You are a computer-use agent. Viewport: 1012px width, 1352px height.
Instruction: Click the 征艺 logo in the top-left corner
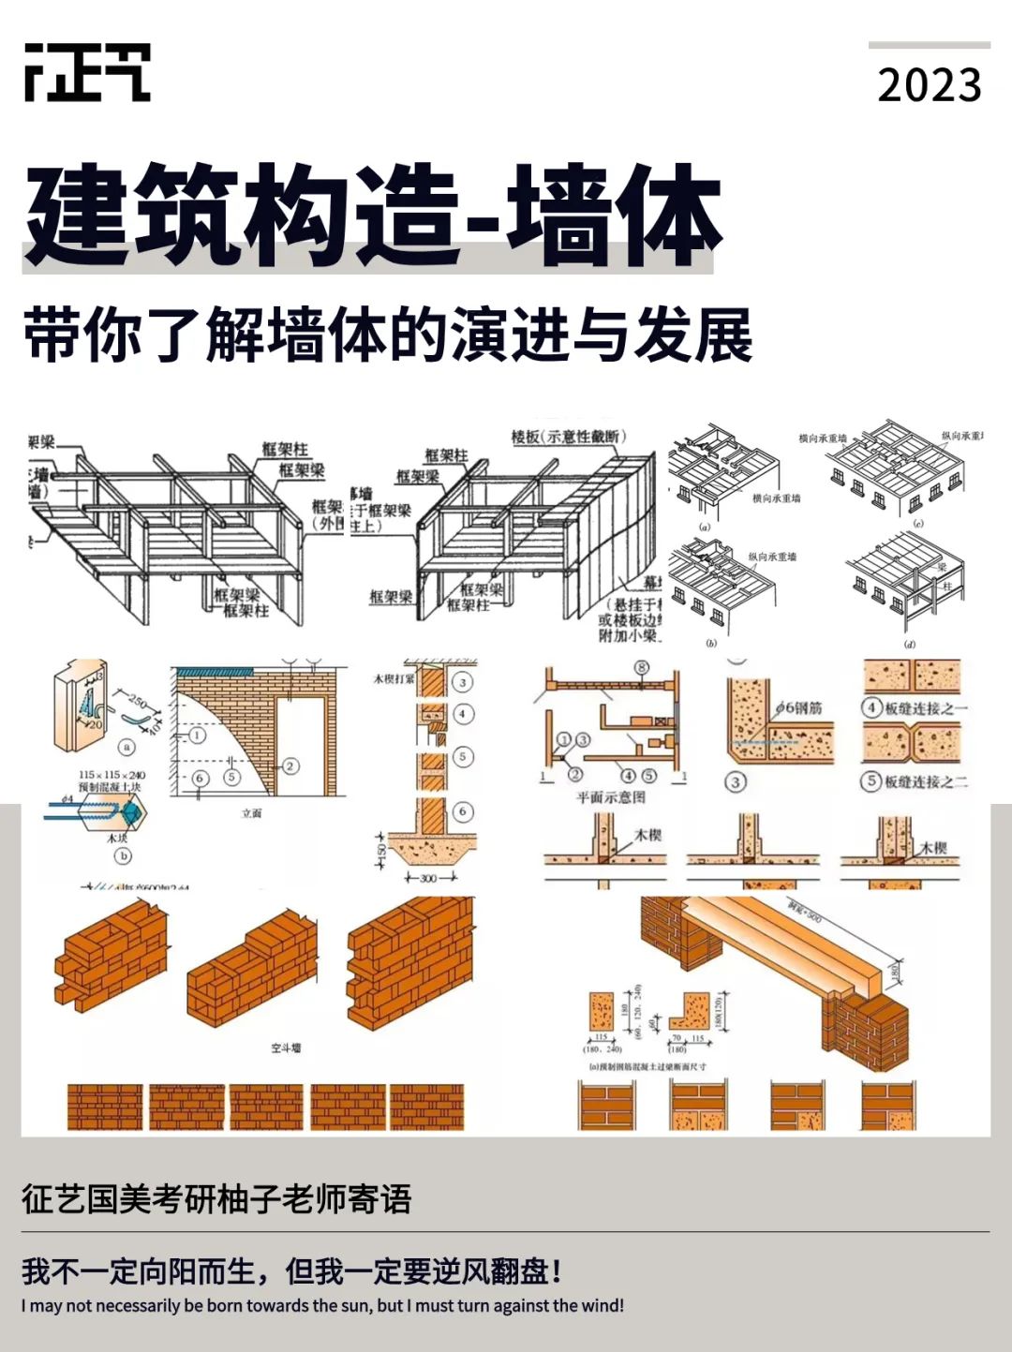tap(87, 72)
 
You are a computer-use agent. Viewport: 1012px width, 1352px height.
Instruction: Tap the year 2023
tap(929, 86)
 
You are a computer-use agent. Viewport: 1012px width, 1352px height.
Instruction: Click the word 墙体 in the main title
tap(615, 216)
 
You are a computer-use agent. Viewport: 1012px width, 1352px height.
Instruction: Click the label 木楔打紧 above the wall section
tap(394, 678)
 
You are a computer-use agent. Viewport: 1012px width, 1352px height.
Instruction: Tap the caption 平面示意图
tap(610, 797)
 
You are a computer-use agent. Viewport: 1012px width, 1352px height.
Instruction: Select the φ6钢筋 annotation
tap(798, 708)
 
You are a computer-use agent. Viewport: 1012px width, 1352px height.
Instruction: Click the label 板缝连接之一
tap(926, 708)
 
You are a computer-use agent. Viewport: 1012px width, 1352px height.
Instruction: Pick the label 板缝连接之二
tap(926, 780)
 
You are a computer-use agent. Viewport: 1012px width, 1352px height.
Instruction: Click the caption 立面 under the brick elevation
tap(251, 813)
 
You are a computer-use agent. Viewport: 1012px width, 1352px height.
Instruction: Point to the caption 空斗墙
tap(286, 1047)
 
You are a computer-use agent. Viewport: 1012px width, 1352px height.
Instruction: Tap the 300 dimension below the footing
tap(430, 878)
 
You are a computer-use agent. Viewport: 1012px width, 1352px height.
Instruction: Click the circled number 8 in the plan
tap(642, 668)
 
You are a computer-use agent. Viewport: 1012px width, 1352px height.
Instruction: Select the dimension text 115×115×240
tap(112, 775)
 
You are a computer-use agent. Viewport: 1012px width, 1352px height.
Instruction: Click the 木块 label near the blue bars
tap(116, 839)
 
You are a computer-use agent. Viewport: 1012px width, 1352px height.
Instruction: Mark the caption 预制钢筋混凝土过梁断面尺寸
tap(647, 1066)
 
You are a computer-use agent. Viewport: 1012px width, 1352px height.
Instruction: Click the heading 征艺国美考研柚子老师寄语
tap(216, 1199)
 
